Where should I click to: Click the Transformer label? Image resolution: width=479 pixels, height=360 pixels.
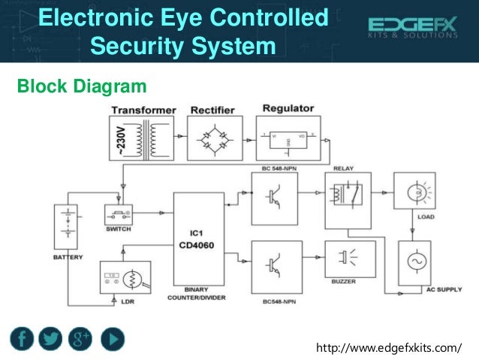[143, 110]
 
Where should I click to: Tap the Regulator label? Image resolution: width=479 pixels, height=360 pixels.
[288, 108]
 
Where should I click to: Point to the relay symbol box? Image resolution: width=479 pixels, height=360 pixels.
[347, 193]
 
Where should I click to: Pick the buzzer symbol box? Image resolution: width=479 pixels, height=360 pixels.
[347, 259]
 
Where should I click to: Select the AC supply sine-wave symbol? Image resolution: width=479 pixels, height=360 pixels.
[415, 262]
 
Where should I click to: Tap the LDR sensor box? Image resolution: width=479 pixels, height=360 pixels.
[125, 277]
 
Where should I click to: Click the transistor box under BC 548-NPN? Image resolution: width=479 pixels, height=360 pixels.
[275, 197]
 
